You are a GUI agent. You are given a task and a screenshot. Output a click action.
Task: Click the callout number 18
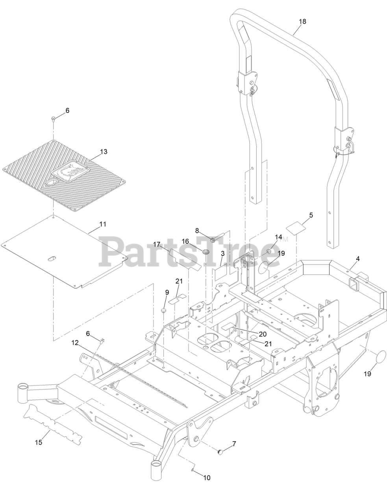(302, 22)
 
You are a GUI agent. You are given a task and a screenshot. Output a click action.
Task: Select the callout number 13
(104, 152)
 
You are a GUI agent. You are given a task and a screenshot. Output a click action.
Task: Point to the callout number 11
(103, 224)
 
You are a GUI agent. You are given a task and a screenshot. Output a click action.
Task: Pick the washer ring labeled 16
(206, 252)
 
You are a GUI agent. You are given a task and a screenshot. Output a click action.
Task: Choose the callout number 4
(357, 259)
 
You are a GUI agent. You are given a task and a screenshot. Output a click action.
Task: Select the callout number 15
(38, 443)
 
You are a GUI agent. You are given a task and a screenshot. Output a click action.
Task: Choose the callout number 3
(222, 254)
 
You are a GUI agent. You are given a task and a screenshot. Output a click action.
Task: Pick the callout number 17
(157, 245)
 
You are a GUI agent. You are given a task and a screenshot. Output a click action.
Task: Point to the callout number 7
(234, 444)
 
